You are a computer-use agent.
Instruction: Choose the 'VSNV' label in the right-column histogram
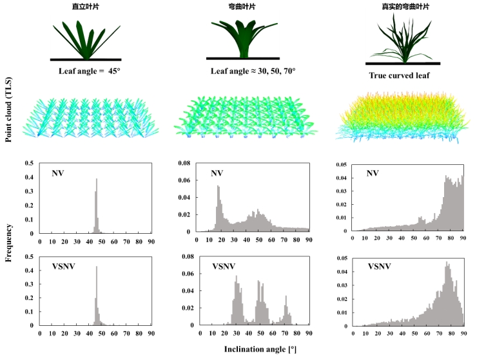click(380, 266)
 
